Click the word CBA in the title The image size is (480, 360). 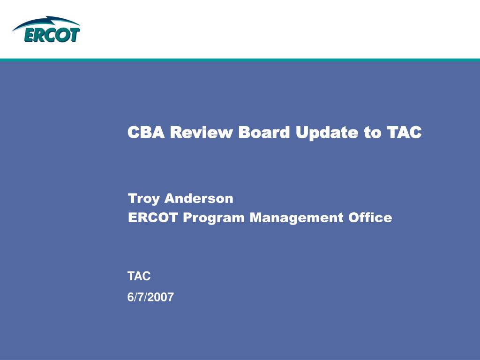(146, 132)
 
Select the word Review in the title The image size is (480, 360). (201, 132)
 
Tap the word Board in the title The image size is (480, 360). (264, 132)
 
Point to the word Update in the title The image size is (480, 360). (327, 133)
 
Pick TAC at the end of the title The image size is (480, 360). (404, 132)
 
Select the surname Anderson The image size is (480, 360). (199, 198)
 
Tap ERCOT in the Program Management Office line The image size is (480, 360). (153, 217)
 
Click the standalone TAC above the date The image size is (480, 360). (139, 276)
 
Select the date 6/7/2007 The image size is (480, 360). (150, 297)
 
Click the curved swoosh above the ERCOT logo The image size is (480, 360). (46, 22)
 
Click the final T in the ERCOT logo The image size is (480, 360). (75, 35)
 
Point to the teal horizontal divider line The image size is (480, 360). (240, 60)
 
